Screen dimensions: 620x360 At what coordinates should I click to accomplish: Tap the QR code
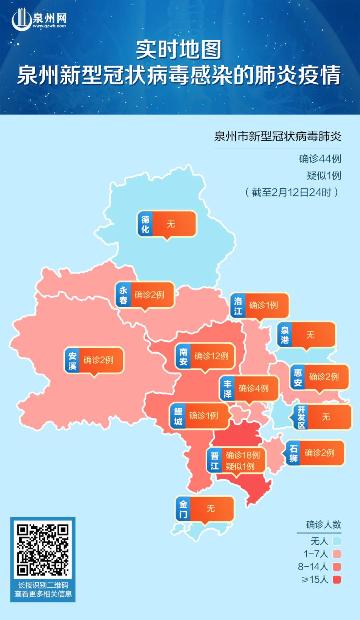tap(43, 550)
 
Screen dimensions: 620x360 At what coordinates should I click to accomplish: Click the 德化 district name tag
tap(145, 224)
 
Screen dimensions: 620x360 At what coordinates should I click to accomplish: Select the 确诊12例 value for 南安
tap(211, 356)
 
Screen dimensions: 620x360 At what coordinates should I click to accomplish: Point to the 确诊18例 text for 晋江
tap(243, 455)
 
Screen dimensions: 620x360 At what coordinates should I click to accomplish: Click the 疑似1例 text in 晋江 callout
tap(240, 466)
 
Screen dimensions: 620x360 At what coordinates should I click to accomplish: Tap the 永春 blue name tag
tap(123, 295)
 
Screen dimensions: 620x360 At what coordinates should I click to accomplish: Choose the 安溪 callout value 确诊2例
tap(98, 360)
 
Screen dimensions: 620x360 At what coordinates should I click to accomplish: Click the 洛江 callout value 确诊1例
tap(263, 305)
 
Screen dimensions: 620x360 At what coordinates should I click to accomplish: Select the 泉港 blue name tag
tap(285, 335)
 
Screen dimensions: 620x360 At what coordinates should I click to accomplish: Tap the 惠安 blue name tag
tap(298, 377)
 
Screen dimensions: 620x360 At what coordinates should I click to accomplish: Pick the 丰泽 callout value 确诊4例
tap(254, 388)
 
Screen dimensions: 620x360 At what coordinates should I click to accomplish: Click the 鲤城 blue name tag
tap(178, 416)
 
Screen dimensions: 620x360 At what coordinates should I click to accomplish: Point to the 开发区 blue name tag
tap(301, 417)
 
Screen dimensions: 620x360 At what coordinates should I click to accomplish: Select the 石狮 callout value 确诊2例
tap(319, 453)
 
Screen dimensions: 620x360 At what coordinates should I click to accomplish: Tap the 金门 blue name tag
tap(183, 509)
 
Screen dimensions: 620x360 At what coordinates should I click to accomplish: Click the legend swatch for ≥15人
tap(337, 580)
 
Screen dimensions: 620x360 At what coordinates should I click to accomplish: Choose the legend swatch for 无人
tap(337, 541)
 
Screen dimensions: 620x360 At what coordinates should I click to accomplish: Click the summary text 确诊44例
tap(320, 159)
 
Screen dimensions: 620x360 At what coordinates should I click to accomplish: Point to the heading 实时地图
tap(179, 50)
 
